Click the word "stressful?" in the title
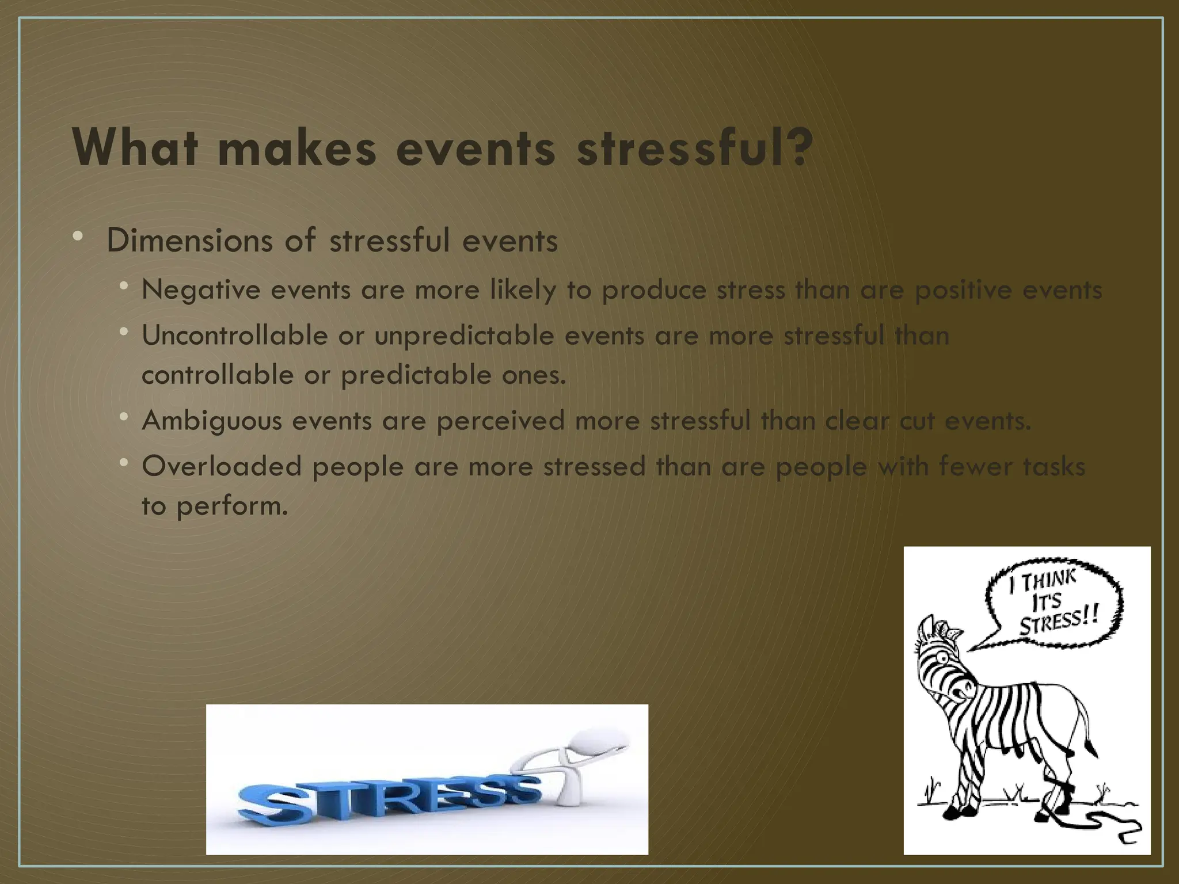coord(695,148)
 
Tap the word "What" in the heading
coord(136,148)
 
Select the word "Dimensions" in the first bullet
coord(189,241)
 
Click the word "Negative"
coord(201,289)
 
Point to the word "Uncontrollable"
coord(235,335)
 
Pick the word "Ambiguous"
coord(212,421)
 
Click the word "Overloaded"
coord(222,466)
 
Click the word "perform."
coord(232,507)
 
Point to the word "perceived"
coord(500,421)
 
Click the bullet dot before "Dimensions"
coord(78,236)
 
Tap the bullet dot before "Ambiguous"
coord(123,417)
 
